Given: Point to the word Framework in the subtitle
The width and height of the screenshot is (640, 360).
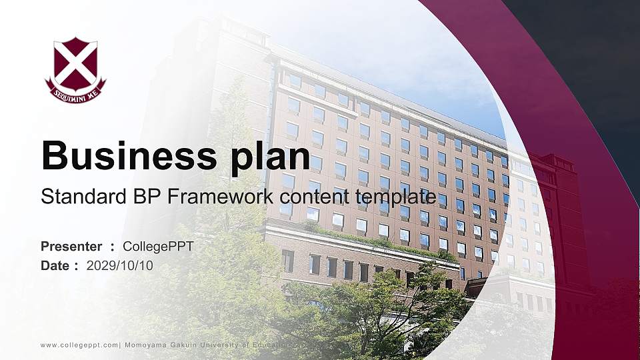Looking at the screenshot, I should pos(213,197).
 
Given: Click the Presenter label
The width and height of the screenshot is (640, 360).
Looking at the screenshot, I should pos(71,247).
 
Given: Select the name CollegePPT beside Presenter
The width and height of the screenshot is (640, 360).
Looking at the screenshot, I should pos(158,247).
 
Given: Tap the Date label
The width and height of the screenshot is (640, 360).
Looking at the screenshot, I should pos(55,265).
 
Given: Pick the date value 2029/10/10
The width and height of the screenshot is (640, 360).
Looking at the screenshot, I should pos(120,265).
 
